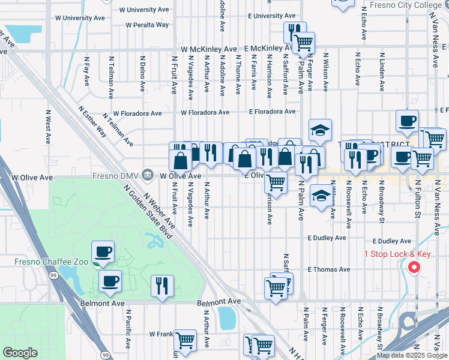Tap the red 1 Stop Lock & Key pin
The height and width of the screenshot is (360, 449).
[414, 268]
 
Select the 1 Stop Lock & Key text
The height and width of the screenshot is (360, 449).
[397, 254]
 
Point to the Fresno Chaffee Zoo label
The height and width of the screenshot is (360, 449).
[52, 262]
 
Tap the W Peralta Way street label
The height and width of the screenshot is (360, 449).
[147, 25]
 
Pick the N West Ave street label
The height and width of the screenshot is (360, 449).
[48, 127]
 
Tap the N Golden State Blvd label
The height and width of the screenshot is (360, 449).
[148, 212]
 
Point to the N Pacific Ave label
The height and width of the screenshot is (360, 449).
[128, 329]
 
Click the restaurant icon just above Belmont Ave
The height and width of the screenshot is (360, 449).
[162, 286]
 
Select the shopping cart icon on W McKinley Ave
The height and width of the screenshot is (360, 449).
[304, 43]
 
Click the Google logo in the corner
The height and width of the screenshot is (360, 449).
[20, 353]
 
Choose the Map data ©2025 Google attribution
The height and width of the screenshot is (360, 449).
[412, 355]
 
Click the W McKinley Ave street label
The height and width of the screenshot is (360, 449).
[209, 49]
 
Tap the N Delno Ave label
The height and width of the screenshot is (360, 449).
[143, 74]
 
